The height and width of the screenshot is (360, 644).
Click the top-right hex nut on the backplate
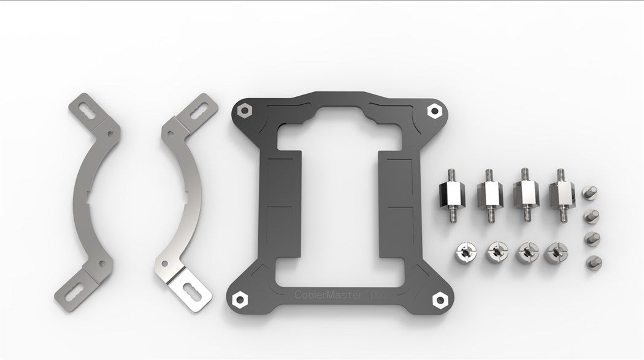coord(435,110)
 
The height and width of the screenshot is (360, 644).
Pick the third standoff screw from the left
coord(525,192)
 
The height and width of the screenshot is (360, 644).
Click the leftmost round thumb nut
coord(464,252)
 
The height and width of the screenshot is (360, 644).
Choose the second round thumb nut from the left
coord(496,252)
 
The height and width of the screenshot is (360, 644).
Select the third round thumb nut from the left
coord(527,252)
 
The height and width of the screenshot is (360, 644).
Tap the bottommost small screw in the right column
coord(593,262)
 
